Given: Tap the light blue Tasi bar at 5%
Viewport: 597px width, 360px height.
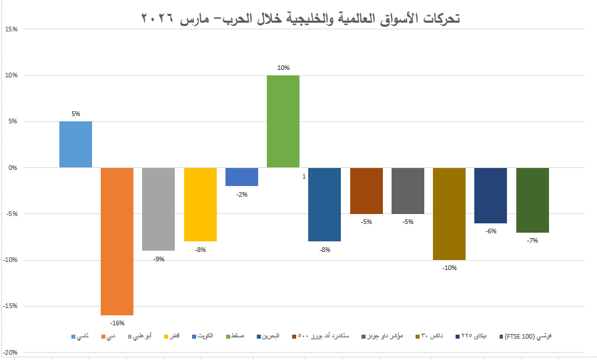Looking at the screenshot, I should (75, 144).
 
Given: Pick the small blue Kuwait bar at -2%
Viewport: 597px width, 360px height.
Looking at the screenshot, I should (241, 177).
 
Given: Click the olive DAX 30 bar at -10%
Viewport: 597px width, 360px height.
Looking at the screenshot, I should (449, 213).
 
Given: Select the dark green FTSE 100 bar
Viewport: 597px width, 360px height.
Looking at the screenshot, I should (532, 200).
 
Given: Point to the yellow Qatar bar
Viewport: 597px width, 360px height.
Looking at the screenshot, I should (200, 204).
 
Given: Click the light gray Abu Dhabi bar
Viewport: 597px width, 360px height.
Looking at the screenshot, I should (158, 209).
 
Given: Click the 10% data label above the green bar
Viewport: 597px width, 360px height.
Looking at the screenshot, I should (283, 68).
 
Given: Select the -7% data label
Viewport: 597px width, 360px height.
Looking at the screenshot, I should (532, 240).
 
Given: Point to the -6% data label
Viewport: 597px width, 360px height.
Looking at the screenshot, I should (490, 231).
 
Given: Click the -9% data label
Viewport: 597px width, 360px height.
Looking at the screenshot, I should (159, 259).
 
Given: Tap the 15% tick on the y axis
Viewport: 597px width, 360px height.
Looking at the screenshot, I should (11, 29).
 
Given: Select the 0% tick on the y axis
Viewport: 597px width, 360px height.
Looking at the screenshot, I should (12, 168).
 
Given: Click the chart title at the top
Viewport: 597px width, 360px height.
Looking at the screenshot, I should (301, 19).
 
